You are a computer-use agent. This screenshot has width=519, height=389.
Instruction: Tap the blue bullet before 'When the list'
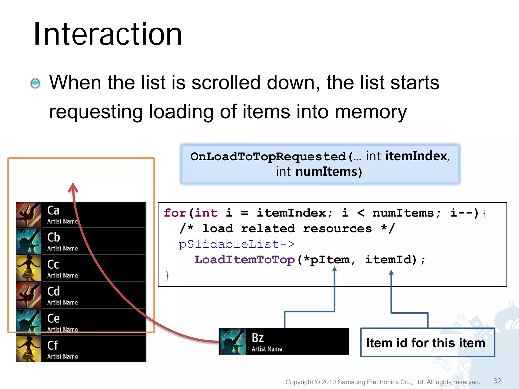pos(35,83)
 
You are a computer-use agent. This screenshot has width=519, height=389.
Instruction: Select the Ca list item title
pos(53,210)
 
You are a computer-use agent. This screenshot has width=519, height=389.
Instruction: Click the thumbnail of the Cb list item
pos(28,241)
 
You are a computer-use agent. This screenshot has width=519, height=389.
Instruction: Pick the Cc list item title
pos(53,264)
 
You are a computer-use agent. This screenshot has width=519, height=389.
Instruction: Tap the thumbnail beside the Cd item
pos(28,295)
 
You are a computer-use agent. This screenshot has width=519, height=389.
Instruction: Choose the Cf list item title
pos(52,345)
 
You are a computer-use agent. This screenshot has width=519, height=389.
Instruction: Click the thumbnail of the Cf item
pos(28,349)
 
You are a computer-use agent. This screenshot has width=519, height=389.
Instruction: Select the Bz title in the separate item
pos(257,338)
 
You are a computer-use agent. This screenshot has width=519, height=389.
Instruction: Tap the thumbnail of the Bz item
pos(232,342)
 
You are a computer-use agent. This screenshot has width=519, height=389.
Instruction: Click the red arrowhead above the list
pos(73,187)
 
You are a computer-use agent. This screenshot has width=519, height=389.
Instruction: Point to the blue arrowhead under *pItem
pos(335,269)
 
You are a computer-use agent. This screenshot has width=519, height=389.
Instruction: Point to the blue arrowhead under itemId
pos(391,273)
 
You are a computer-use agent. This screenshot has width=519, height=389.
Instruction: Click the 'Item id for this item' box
pos(428,343)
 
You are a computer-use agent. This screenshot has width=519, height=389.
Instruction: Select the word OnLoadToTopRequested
pos(268,157)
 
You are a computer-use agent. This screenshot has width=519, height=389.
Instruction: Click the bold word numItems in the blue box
pos(326,172)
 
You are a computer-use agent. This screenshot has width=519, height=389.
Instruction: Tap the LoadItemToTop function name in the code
pos(244,260)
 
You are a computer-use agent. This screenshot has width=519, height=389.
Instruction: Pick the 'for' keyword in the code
pos(175,213)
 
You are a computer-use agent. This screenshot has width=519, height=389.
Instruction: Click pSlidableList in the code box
pos(229,244)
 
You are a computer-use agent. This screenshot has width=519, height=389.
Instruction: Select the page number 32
pos(497,381)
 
